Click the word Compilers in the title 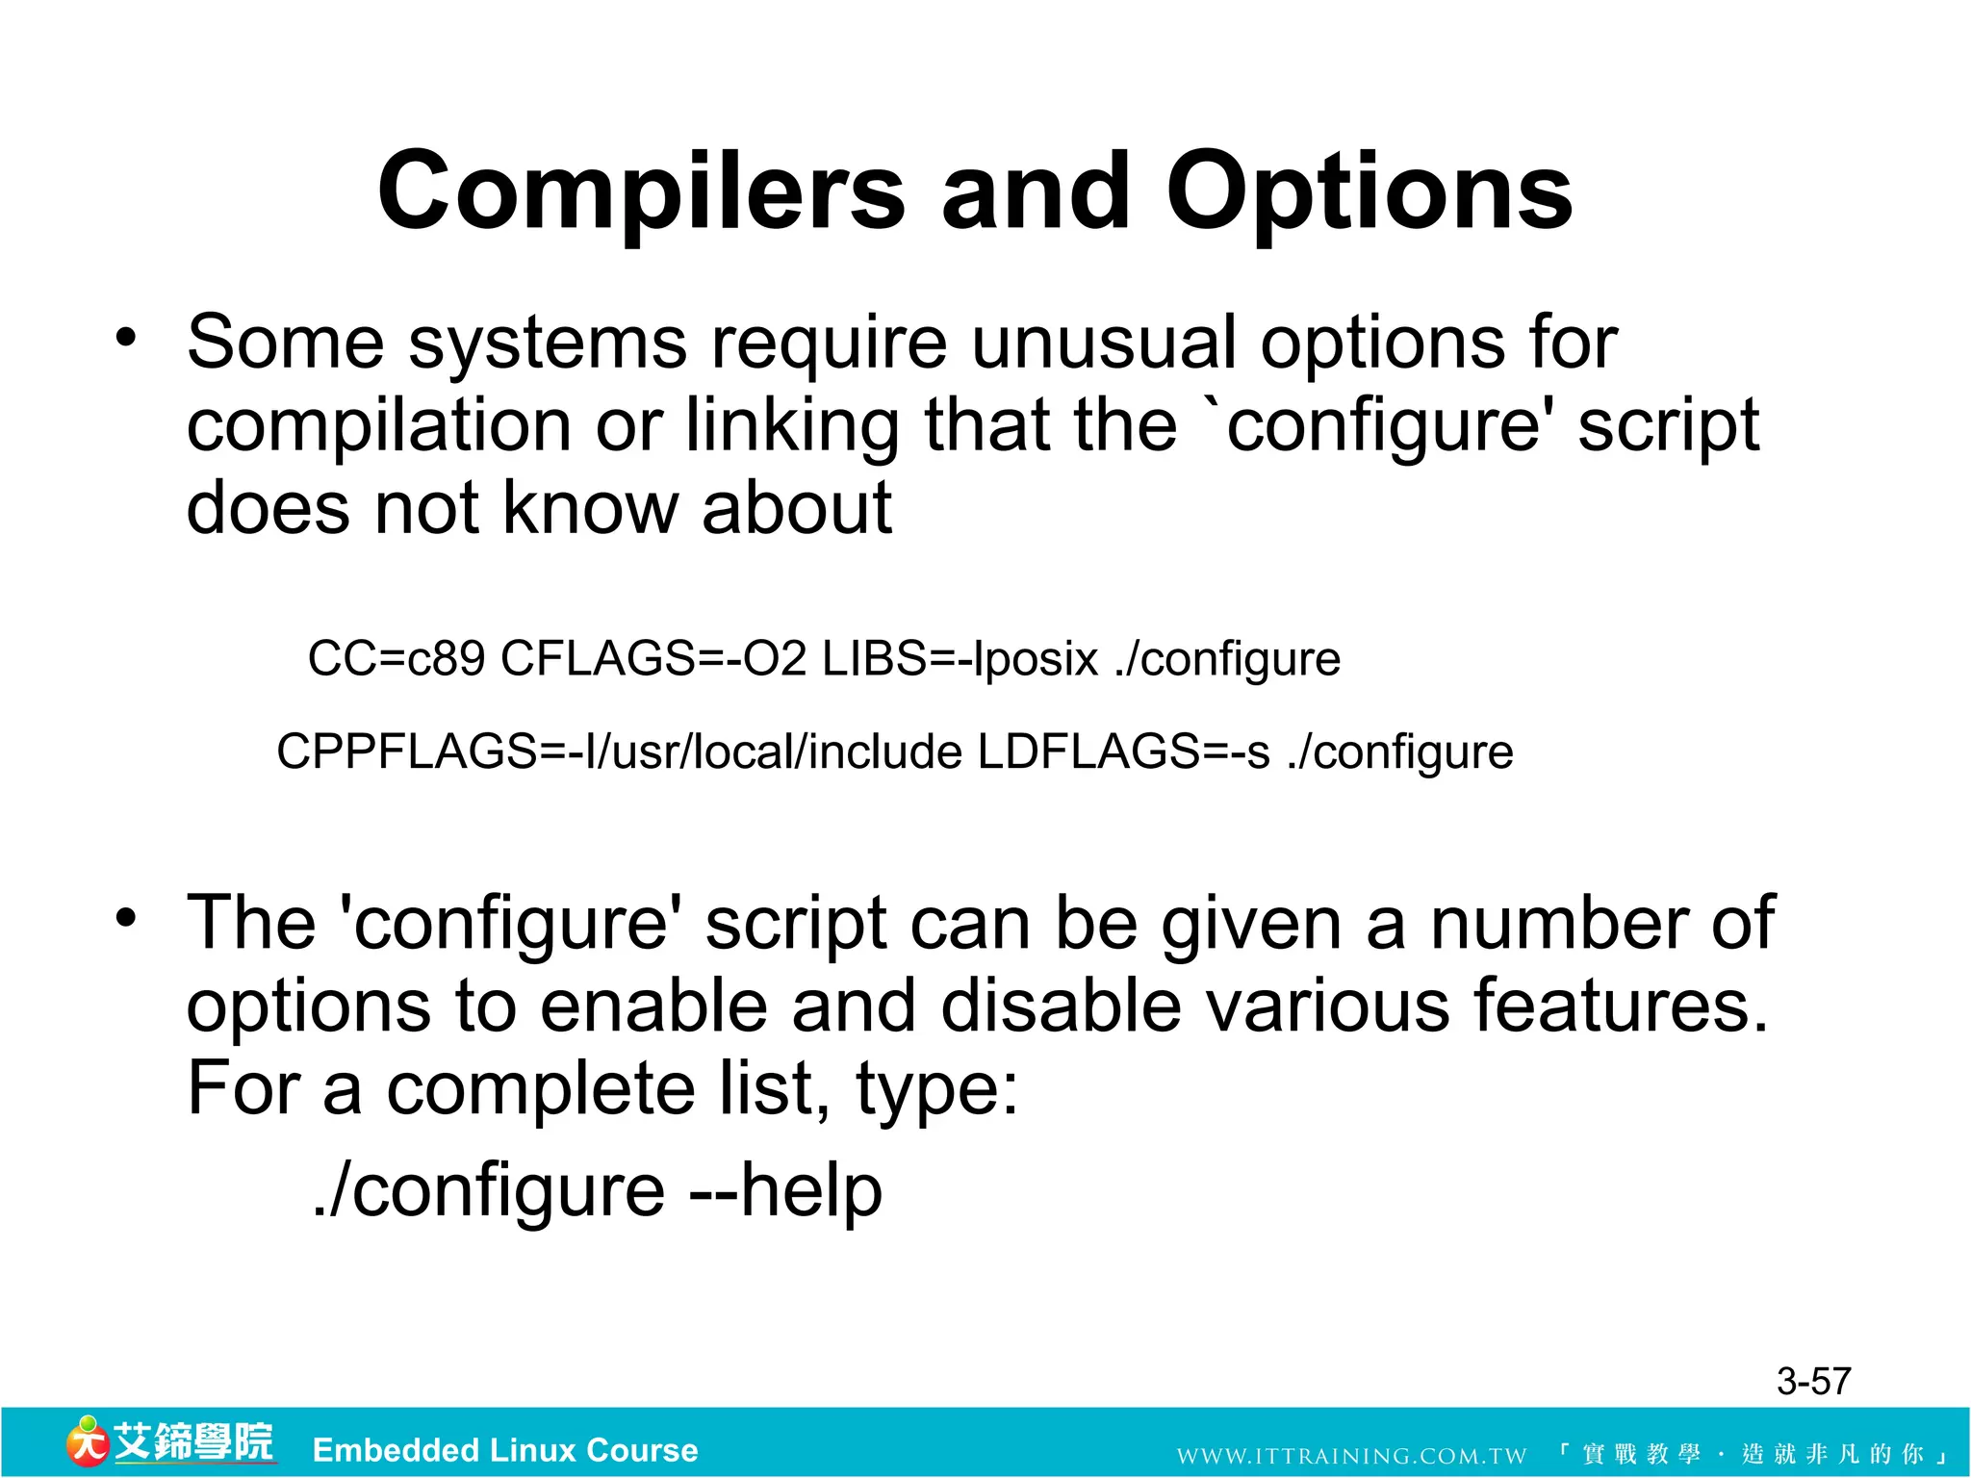coord(641,192)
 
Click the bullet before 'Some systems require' coord(126,339)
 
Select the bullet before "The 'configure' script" coord(126,919)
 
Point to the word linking coord(792,426)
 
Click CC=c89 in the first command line coord(396,660)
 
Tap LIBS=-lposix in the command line coord(960,660)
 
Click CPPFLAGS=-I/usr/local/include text coord(619,752)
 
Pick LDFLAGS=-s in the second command coord(1123,752)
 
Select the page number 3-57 coord(1813,1382)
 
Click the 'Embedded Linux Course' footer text coord(505,1450)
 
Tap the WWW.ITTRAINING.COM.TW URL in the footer coord(1351,1455)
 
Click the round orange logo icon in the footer coord(87,1441)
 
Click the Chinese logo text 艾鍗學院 coord(194,1441)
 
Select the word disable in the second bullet coord(1061,1007)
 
